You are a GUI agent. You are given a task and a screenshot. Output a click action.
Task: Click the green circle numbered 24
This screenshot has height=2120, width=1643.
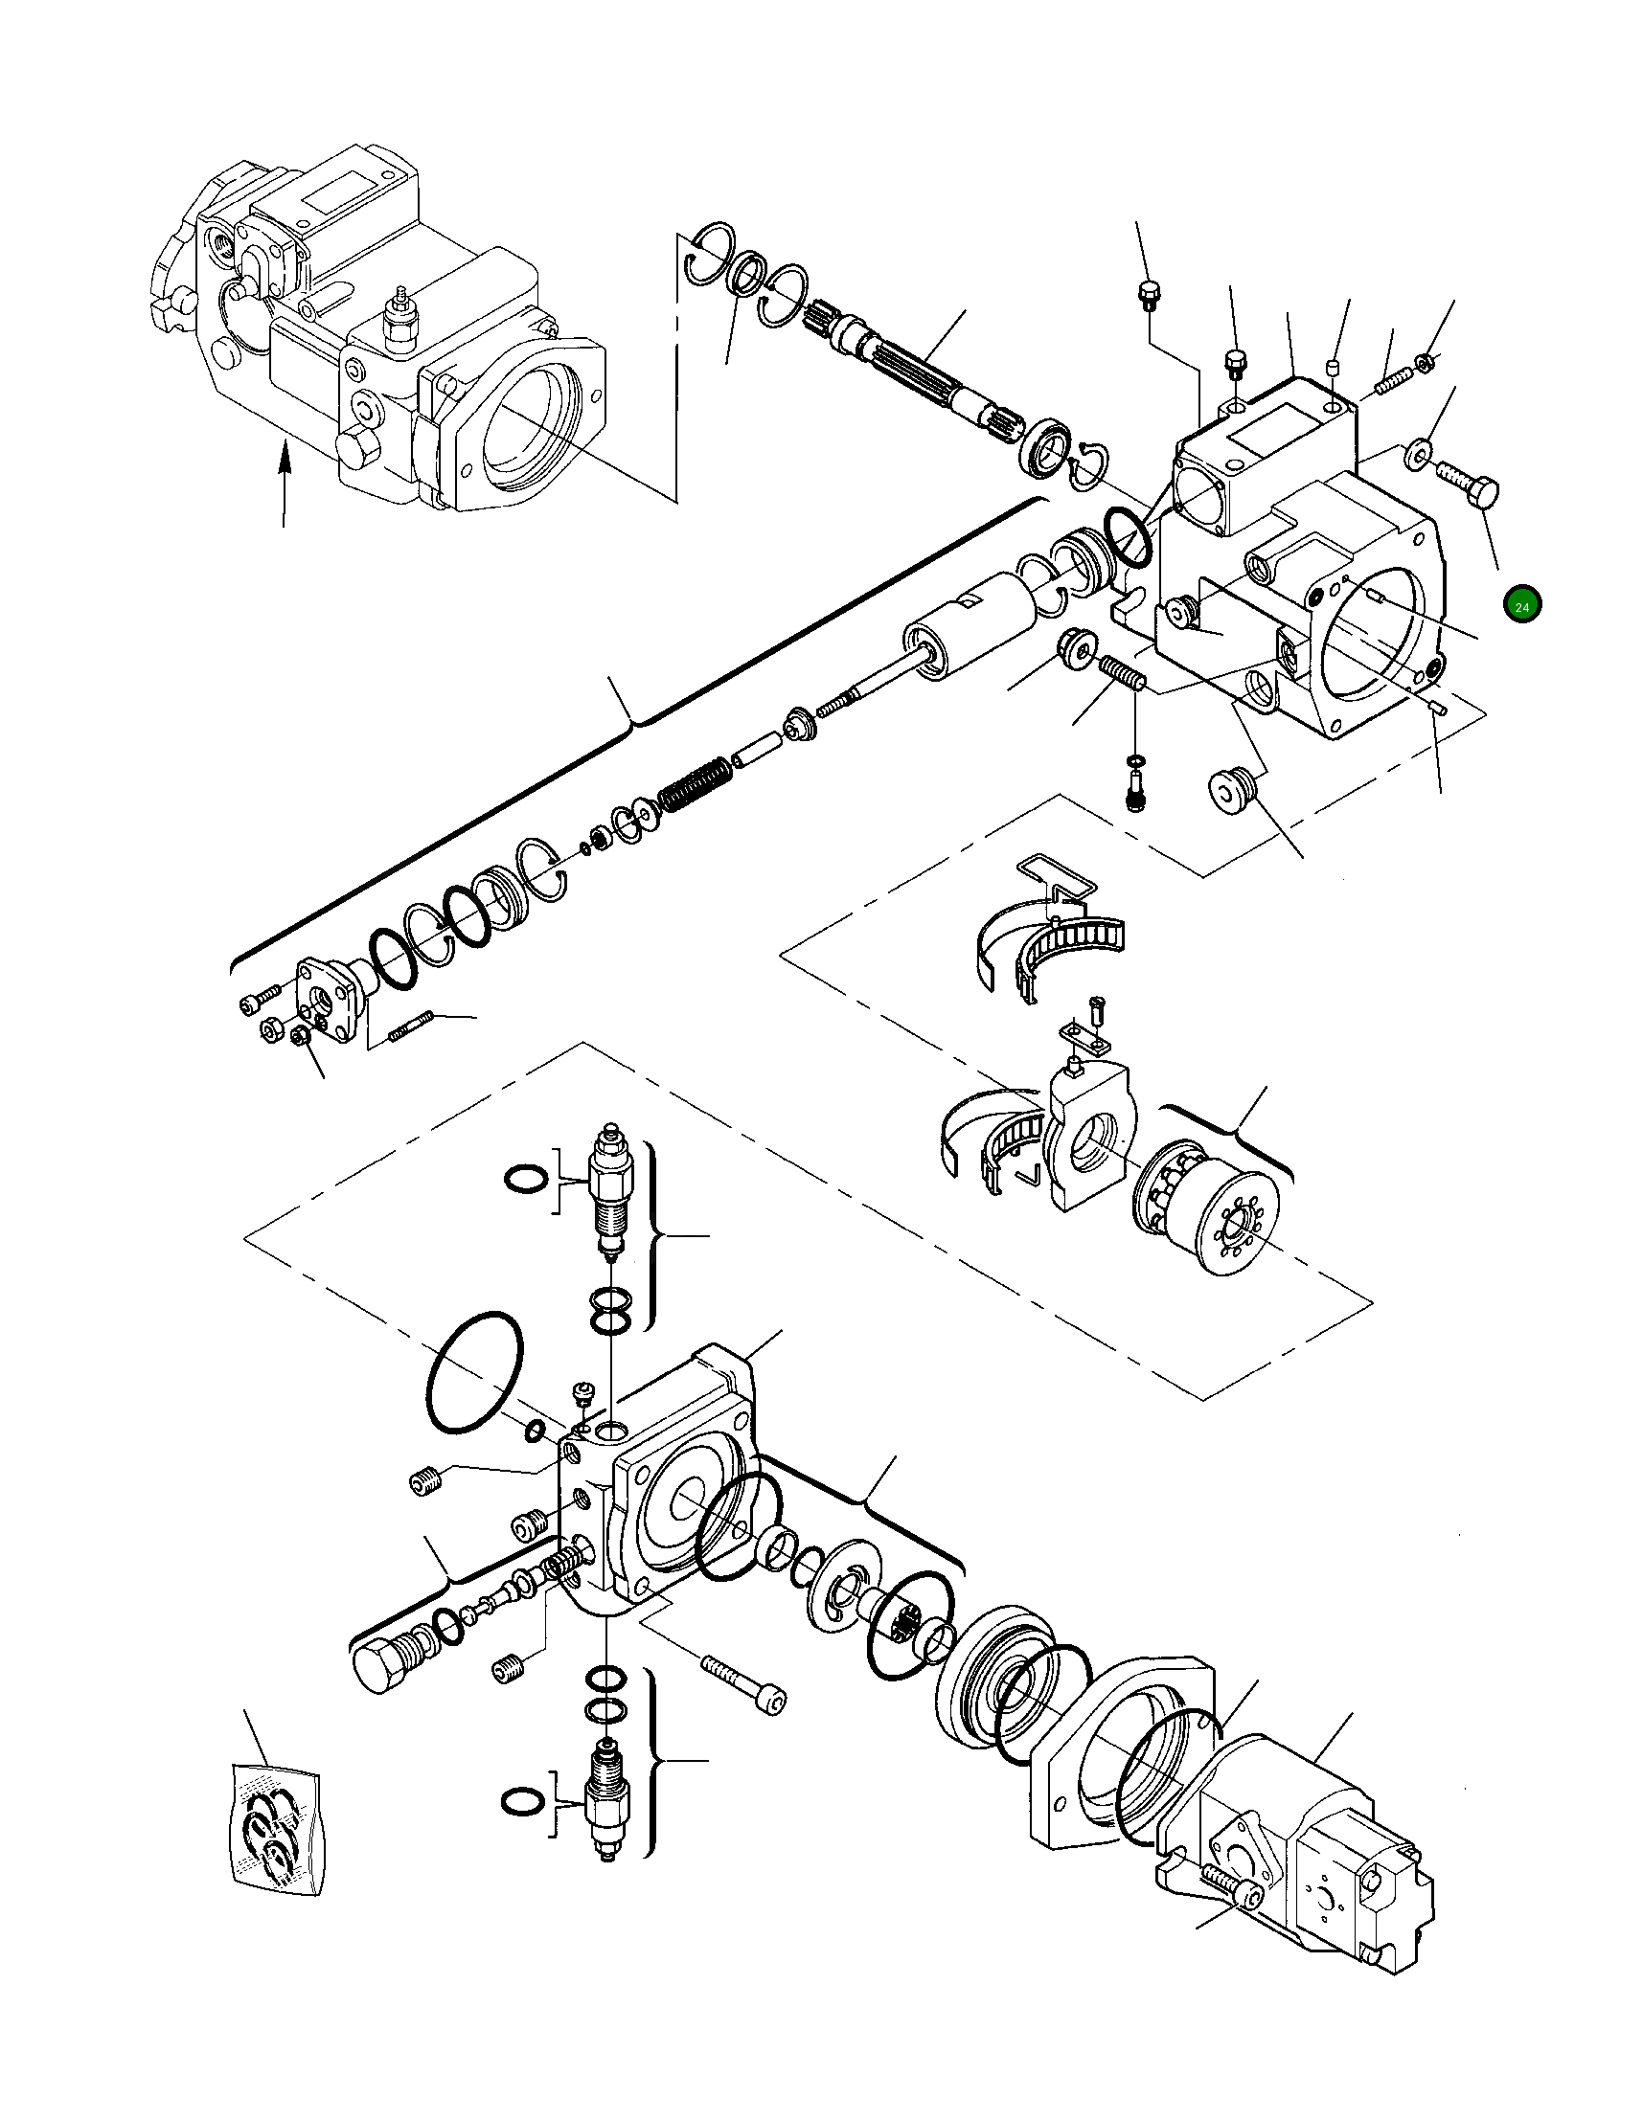[1521, 606]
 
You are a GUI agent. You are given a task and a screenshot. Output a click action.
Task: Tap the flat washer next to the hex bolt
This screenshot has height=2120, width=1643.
[1419, 453]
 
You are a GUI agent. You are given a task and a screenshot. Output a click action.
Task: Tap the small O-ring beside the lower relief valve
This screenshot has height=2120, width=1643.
[522, 1800]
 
